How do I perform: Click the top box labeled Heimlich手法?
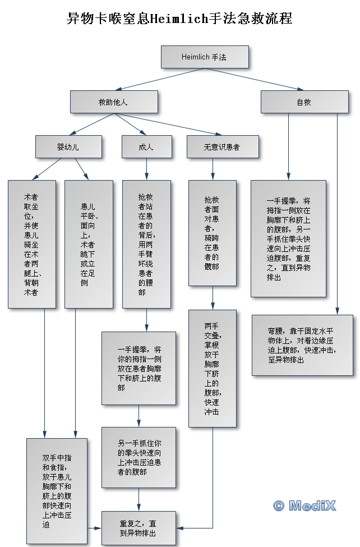204,57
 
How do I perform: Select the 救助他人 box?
113,102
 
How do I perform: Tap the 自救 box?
303,102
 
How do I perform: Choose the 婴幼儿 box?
68,147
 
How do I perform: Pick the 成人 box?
146,147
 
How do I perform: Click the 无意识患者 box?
222,147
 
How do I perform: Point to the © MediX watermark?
304,505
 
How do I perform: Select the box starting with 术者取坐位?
31,244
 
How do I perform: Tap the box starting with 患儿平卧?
88,244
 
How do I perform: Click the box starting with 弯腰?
303,344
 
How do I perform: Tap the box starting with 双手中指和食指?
57,491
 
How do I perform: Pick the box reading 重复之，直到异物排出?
138,528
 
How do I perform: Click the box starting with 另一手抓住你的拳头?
139,457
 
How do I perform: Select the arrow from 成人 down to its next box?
146,169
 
